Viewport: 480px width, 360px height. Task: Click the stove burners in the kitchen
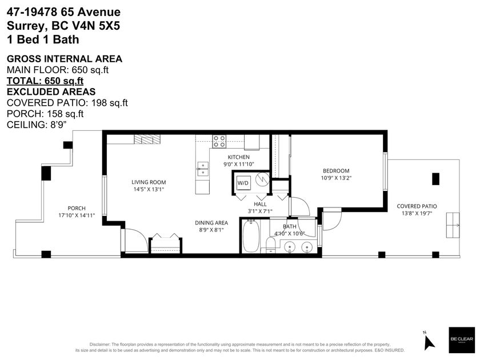coord(219,141)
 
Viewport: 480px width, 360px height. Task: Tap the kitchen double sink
coord(202,167)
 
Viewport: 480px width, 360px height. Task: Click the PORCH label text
coord(77,208)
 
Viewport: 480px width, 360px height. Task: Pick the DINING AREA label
coord(212,223)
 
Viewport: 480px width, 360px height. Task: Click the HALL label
coord(261,204)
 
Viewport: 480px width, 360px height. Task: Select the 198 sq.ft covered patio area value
coord(108,102)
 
